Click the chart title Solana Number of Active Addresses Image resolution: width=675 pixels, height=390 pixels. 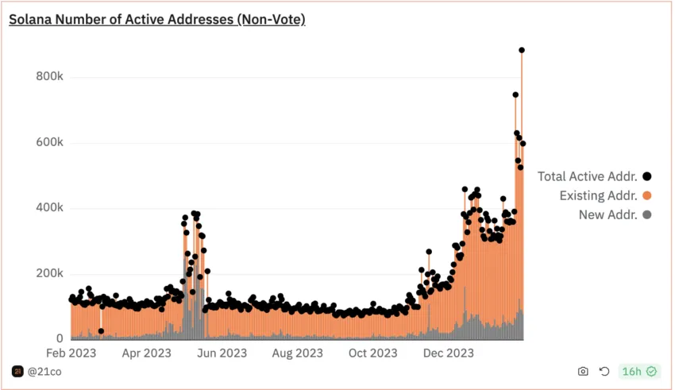coord(157,19)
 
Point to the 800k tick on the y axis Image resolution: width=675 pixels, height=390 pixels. coord(49,77)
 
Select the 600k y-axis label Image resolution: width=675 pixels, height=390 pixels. coord(49,143)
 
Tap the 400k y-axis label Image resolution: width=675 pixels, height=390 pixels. coord(49,208)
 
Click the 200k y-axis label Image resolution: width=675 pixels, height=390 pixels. coord(49,273)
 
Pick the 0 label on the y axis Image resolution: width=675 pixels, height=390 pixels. coord(59,338)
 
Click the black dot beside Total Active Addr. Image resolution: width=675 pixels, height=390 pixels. coord(647,176)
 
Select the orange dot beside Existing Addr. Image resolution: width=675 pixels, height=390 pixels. coord(647,195)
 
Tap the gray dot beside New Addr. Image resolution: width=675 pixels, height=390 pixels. coord(647,214)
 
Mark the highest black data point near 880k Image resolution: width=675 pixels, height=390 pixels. coord(522,50)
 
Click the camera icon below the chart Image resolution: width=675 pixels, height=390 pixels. coord(583,371)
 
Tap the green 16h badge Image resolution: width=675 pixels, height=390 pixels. coord(639,371)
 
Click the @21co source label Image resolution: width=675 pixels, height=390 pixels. coord(43,371)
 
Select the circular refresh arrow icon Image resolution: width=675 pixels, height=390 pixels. coord(604,371)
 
